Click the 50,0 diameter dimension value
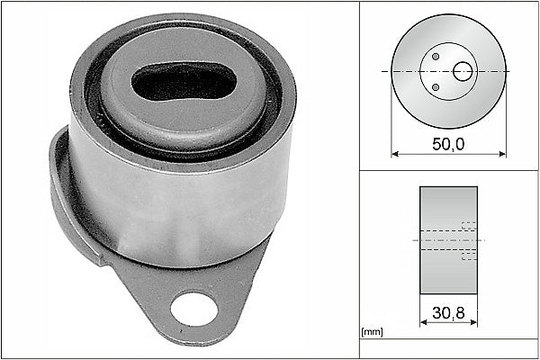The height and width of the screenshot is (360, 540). (447, 143)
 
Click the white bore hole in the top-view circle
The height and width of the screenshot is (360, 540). (462, 70)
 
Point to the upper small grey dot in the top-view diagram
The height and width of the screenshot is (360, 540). (436, 57)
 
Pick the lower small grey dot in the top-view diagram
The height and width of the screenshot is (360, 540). (436, 87)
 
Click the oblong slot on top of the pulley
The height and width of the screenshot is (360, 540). (184, 81)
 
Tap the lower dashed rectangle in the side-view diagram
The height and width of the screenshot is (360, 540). (468, 255)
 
